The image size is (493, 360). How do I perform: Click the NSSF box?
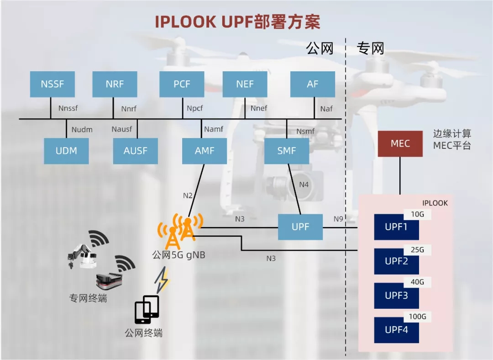[52, 85]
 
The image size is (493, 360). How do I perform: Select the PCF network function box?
[182, 85]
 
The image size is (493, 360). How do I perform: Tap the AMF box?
[204, 151]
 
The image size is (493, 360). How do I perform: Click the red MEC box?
[400, 144]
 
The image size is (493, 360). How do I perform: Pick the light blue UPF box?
[300, 227]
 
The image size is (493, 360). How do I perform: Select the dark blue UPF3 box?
[396, 296]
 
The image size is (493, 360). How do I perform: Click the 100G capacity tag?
[417, 317]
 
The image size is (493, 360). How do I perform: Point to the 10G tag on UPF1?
[417, 214]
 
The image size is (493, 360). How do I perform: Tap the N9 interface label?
[338, 219]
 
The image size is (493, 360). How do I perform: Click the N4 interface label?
[304, 185]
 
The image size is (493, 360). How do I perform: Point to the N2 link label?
[188, 196]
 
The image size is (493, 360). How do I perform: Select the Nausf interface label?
[121, 129]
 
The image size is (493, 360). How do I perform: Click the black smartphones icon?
[147, 309]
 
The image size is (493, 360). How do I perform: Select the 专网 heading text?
[370, 48]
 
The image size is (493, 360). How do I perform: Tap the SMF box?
[286, 151]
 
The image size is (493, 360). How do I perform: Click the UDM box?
[66, 151]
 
